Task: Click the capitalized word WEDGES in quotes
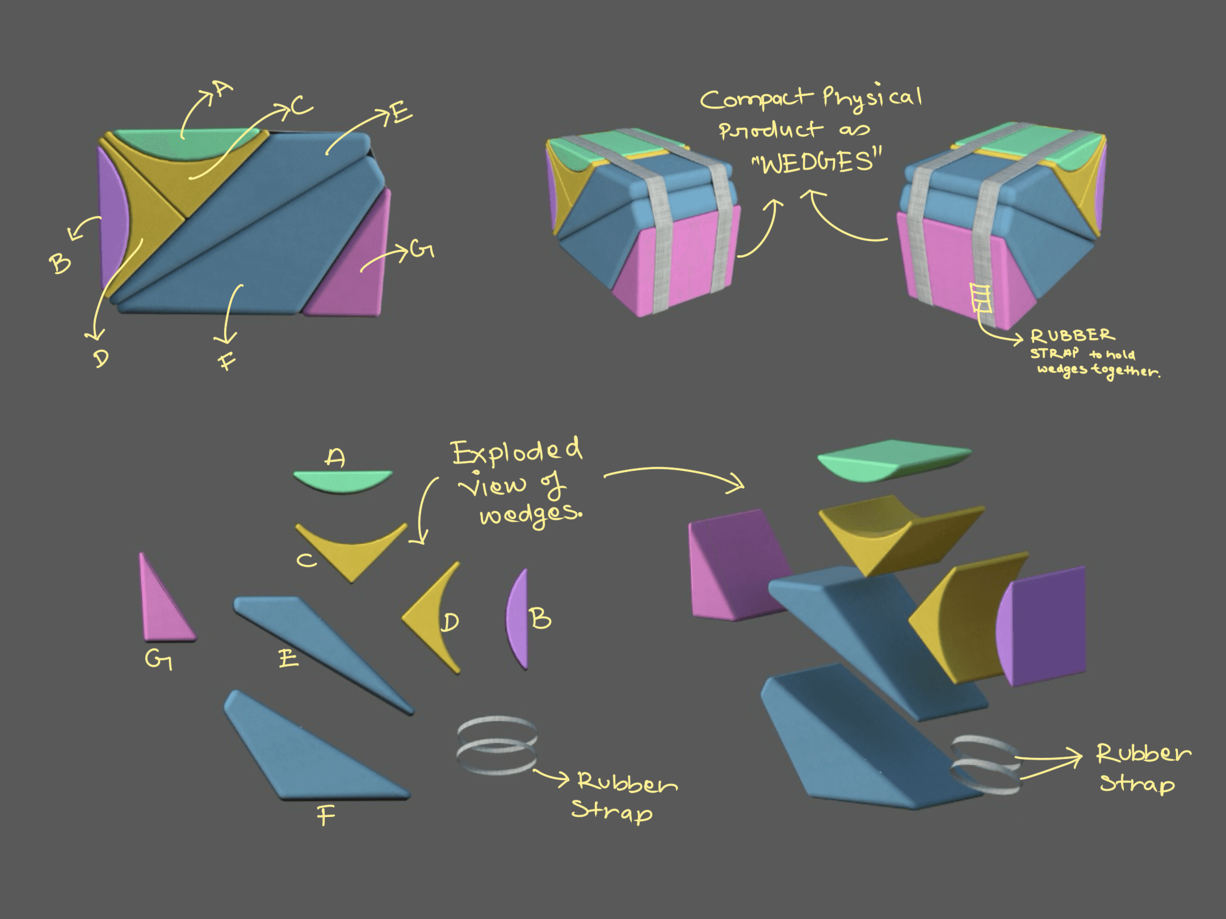[x=816, y=162]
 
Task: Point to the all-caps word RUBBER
[x=1073, y=336]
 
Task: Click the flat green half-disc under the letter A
[x=343, y=482]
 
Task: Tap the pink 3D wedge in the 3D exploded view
[x=735, y=567]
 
